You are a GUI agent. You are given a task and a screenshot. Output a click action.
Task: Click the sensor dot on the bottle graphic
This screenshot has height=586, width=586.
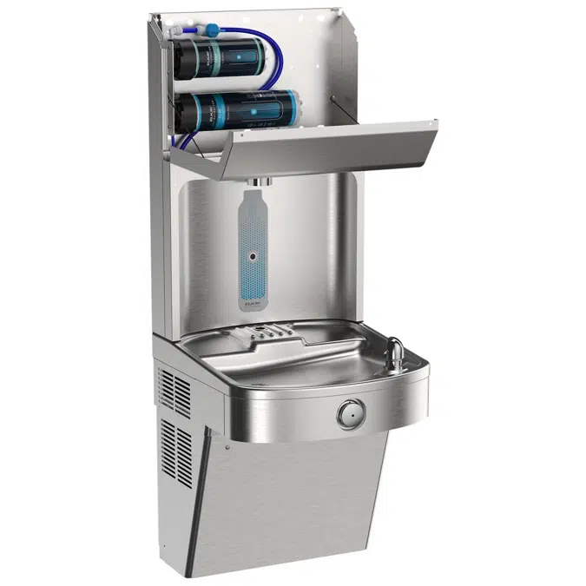tap(253, 257)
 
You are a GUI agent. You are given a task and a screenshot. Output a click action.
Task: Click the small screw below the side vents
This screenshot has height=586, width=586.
tap(224, 449)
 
